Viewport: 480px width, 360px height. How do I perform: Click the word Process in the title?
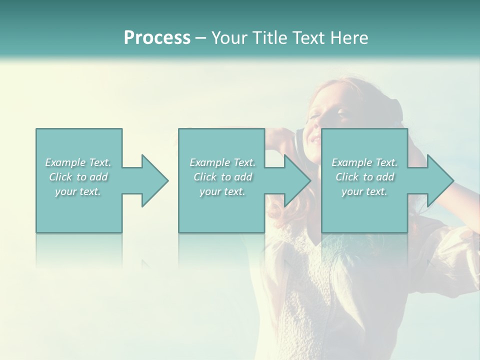coord(157,37)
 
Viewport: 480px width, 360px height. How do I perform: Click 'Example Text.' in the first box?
coord(78,162)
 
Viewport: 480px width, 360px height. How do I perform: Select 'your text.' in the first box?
coord(78,191)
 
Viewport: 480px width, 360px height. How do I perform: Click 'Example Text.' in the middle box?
coord(222,162)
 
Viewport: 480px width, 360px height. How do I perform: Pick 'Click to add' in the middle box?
coord(222,177)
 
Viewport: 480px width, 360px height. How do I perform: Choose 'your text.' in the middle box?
coord(222,191)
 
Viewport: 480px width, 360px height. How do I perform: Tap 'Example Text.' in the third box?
coord(364,162)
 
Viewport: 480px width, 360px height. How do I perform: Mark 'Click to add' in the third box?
coord(364,177)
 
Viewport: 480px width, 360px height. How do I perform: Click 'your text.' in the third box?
coord(364,191)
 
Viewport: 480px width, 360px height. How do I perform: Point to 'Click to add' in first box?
coord(78,177)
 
